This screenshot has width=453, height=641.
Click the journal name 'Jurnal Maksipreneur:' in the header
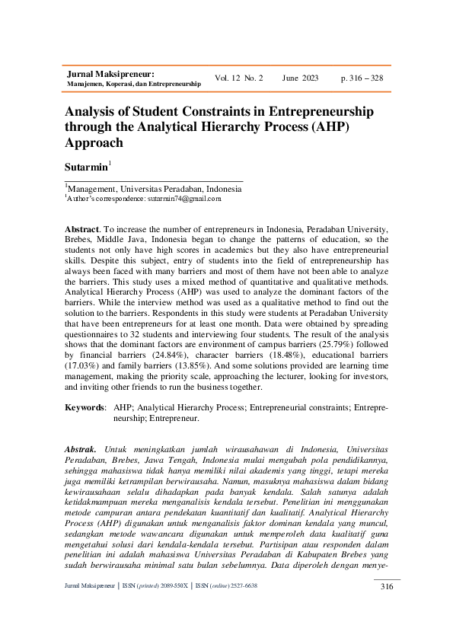[111, 74]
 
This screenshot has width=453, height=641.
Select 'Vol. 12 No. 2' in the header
[239, 78]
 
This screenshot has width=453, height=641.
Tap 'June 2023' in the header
[300, 78]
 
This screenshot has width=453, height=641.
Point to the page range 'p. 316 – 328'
[362, 78]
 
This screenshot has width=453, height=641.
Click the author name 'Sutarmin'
[85, 166]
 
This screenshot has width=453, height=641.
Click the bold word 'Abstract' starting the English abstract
[81, 229]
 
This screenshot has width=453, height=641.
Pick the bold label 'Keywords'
[85, 408]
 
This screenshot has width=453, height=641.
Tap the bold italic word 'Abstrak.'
[81, 450]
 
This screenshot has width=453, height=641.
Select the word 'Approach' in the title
[94, 142]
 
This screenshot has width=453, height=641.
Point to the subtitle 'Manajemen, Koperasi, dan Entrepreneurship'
[134, 84]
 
